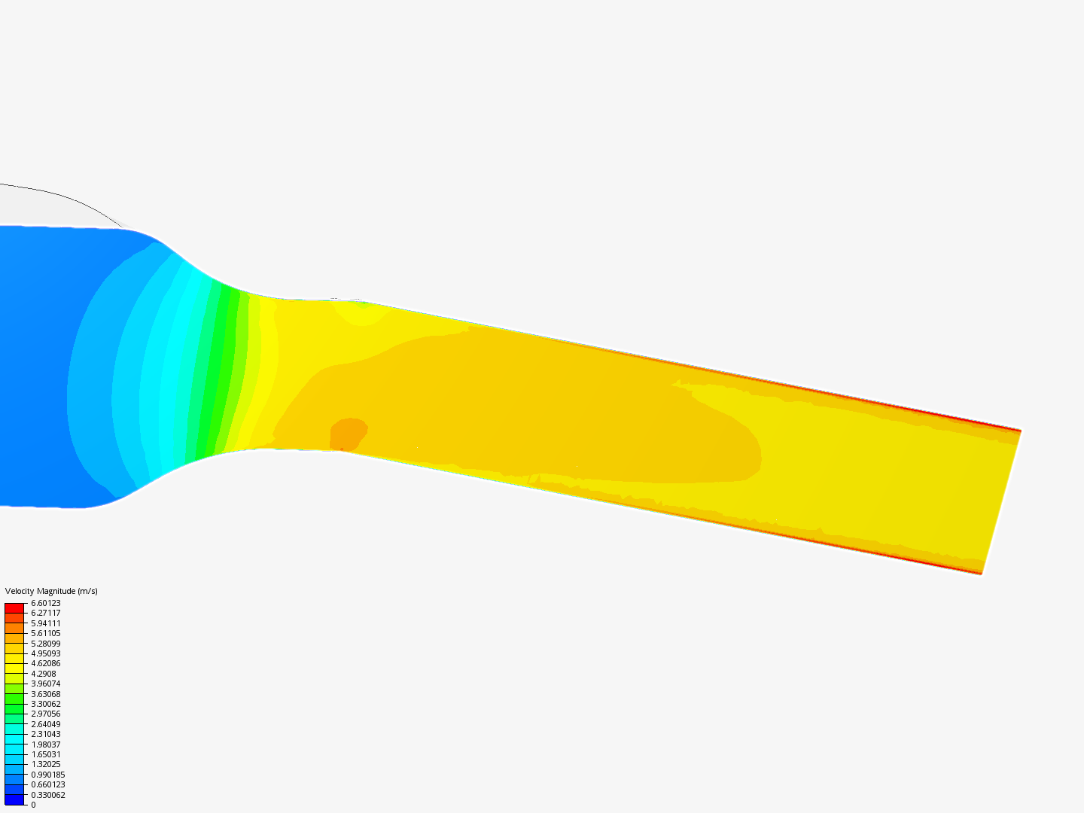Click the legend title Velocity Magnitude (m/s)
51,591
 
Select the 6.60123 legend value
45,603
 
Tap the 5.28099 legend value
45,643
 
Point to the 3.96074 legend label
45,684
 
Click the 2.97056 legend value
45,714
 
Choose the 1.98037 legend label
45,744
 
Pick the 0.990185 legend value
48,775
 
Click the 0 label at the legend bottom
33,805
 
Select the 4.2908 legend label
44,674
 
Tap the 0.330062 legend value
48,795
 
